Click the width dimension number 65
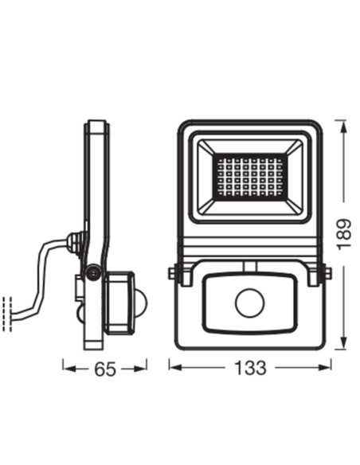[105, 369]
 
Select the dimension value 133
[249, 369]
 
